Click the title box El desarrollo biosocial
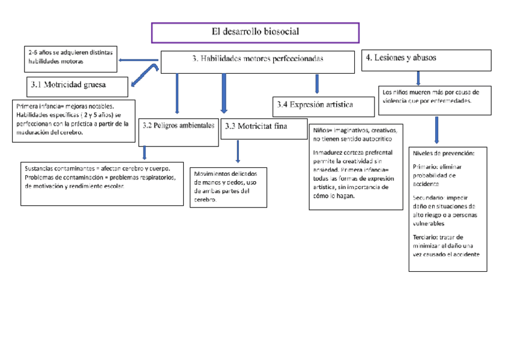[255, 32]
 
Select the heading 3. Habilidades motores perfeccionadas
[258, 59]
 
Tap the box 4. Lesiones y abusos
[418, 59]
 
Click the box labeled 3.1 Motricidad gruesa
[78, 86]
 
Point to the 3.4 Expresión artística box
[315, 106]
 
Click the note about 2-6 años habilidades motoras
[70, 57]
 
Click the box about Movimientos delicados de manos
[227, 187]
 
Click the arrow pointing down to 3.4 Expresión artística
[317, 83]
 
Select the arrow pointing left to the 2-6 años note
[139, 59]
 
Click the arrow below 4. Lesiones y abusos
[418, 77]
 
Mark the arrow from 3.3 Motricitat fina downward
[238, 152]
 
